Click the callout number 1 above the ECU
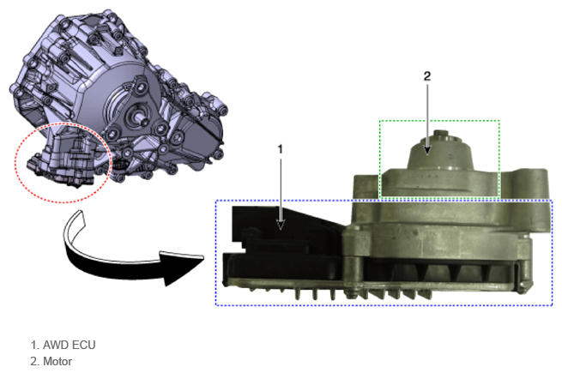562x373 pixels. coord(281,149)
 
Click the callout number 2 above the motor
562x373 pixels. coord(427,76)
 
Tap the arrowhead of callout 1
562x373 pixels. coord(281,225)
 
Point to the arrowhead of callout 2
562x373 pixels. coord(427,150)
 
